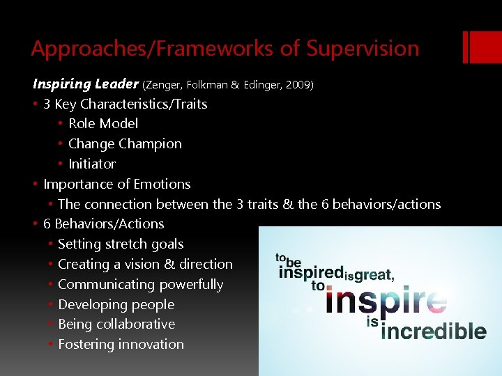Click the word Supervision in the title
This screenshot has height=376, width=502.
click(x=363, y=49)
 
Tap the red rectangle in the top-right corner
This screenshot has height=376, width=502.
click(x=481, y=47)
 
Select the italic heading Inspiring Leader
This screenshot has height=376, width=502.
click(x=86, y=84)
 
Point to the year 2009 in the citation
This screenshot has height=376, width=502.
click(x=299, y=85)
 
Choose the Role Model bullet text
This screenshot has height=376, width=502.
click(x=103, y=123)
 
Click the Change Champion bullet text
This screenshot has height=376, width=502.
click(x=125, y=143)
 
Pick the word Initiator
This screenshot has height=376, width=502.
click(x=92, y=164)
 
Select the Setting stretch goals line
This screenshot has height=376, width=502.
click(x=121, y=244)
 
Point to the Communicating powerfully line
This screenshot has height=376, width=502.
click(x=140, y=284)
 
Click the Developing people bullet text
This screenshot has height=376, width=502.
click(x=116, y=304)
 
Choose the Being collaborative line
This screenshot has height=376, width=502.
click(x=116, y=324)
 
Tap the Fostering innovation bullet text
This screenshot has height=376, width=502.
click(x=121, y=344)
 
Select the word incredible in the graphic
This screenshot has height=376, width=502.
click(x=434, y=330)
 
